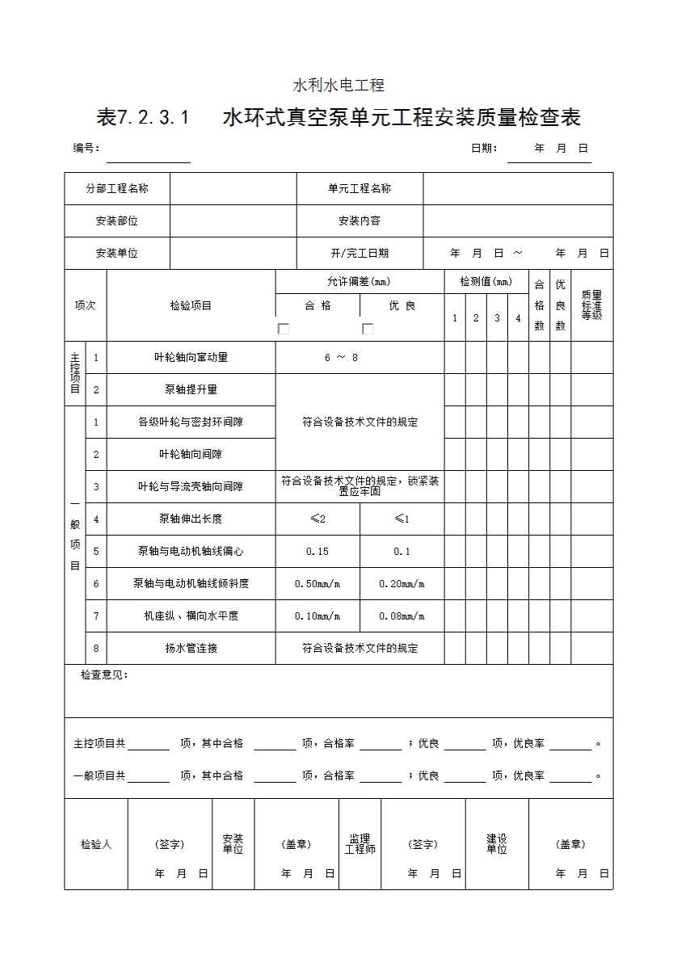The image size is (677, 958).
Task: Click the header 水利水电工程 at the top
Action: tap(338, 85)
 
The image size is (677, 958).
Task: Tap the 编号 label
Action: tap(86, 148)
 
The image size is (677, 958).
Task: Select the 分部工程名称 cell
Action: tap(117, 188)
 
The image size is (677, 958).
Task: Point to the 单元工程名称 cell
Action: tap(360, 188)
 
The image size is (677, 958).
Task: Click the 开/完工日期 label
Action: tap(360, 253)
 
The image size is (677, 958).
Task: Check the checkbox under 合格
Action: tap(284, 329)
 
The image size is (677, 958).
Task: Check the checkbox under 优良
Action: tap(368, 329)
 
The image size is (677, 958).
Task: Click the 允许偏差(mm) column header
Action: tap(359, 282)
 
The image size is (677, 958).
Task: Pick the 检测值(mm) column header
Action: tap(486, 282)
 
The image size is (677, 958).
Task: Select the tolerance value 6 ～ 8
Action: tap(341, 357)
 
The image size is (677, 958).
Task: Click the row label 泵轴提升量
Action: tap(191, 389)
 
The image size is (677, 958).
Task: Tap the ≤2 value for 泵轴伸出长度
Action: tap(317, 519)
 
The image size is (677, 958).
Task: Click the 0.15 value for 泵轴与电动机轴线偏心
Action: tap(317, 551)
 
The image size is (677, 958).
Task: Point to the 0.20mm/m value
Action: tap(402, 583)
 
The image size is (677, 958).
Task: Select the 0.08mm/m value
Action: tap(402, 616)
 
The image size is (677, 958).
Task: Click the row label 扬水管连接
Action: tap(191, 648)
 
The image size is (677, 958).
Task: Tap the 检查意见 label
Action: tap(104, 675)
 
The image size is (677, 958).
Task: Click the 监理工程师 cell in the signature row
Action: tap(360, 844)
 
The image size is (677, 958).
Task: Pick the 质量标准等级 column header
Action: tap(591, 305)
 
